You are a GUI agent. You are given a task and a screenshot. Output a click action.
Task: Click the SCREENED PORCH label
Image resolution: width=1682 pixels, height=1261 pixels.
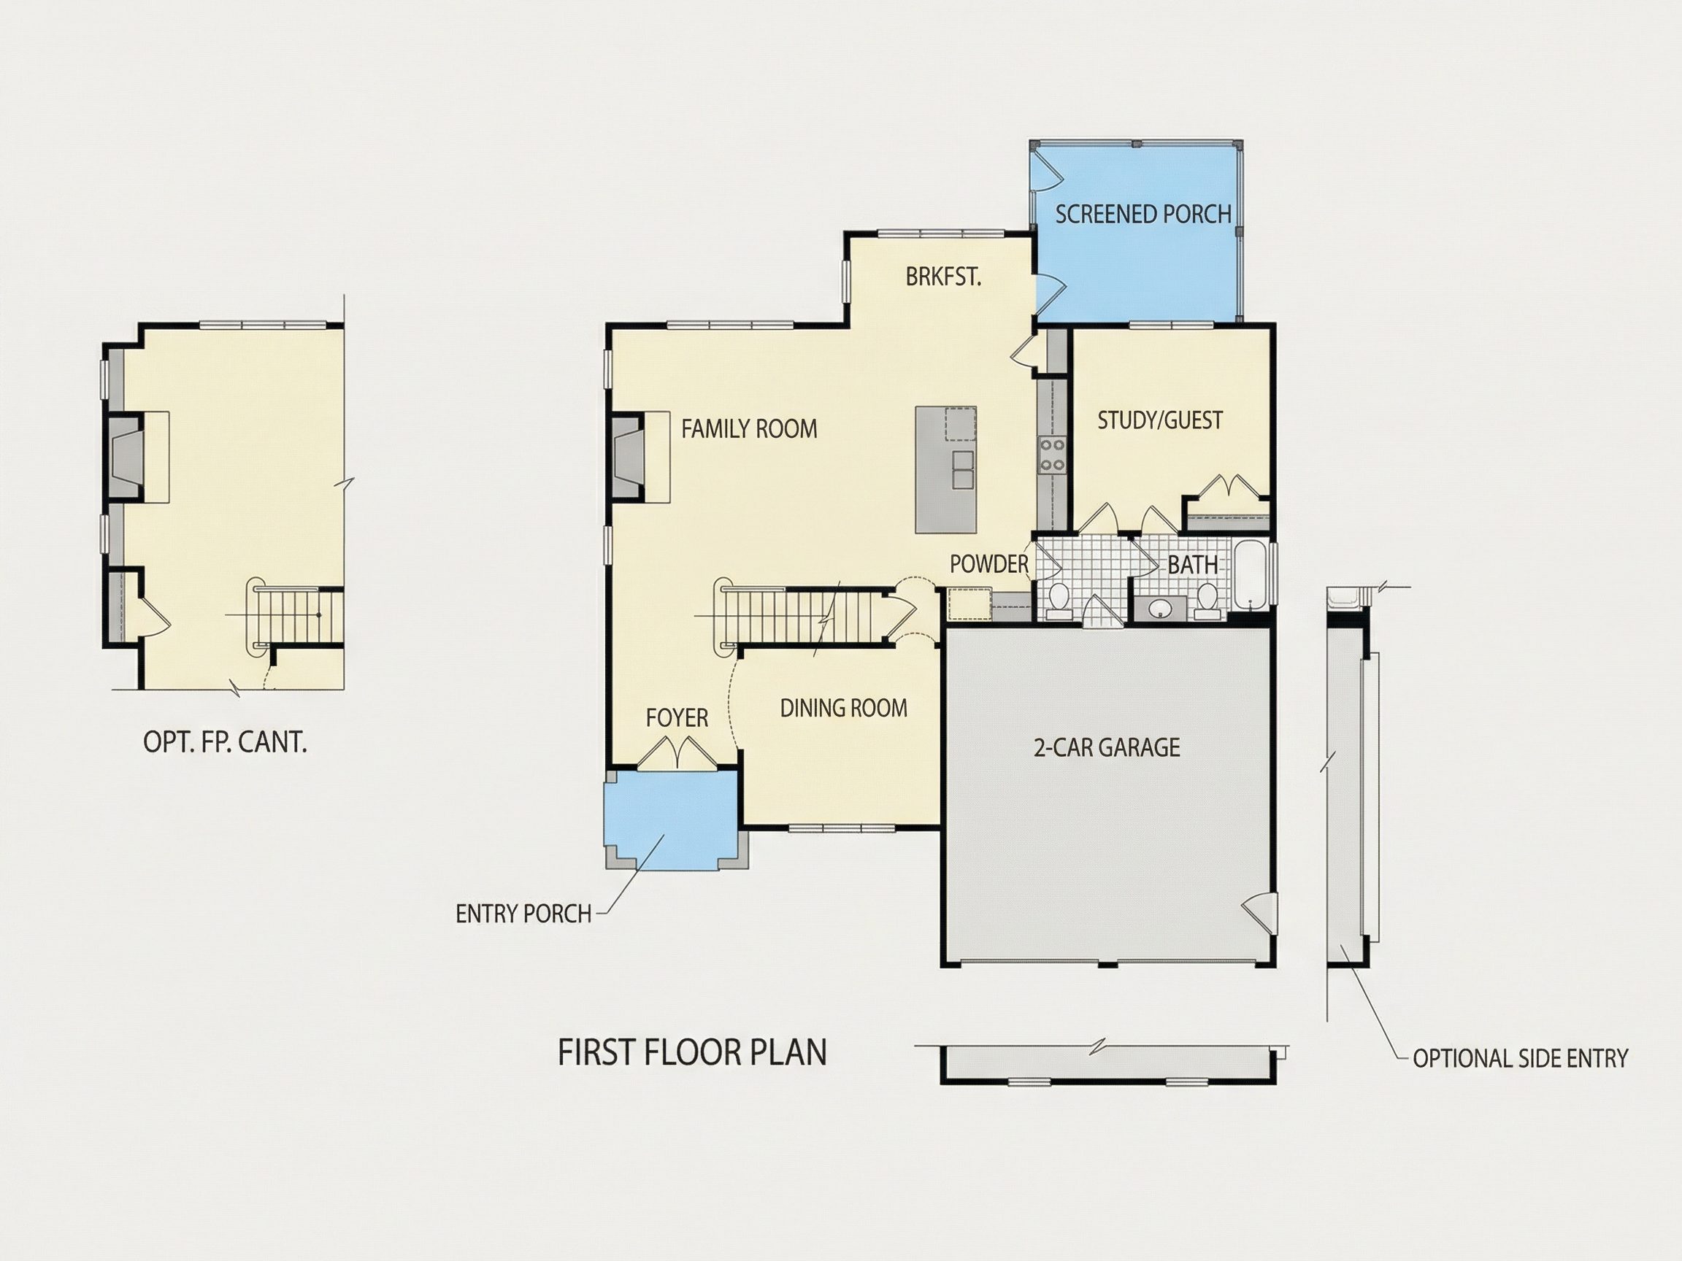(x=1143, y=215)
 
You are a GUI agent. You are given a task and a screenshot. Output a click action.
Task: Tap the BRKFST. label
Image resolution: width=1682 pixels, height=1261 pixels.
(x=943, y=277)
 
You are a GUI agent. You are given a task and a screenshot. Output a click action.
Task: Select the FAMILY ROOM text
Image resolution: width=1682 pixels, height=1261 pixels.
(x=749, y=429)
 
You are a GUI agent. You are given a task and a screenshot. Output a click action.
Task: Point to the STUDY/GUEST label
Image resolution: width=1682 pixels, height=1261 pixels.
(x=1159, y=420)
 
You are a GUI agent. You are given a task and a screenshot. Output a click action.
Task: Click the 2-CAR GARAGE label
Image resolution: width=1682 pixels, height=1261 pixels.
(x=1107, y=747)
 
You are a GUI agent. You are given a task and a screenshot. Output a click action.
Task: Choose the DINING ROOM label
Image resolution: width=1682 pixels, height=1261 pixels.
(x=843, y=709)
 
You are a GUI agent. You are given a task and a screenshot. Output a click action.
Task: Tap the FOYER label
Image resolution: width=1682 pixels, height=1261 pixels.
(x=677, y=717)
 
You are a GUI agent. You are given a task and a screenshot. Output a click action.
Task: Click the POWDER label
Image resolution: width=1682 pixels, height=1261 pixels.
(x=988, y=564)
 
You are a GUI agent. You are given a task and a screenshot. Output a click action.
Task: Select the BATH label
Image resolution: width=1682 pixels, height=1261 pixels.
(x=1192, y=565)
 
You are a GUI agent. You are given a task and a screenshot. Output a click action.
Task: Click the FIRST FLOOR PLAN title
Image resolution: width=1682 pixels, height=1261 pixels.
(x=692, y=1053)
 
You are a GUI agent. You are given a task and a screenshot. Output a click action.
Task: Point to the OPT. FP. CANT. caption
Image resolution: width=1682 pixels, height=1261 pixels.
(x=225, y=742)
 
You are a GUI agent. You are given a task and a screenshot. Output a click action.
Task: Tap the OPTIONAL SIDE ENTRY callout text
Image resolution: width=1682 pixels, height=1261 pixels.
(x=1520, y=1058)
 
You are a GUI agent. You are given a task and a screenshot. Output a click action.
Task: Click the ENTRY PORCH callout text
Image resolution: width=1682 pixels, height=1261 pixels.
(x=523, y=914)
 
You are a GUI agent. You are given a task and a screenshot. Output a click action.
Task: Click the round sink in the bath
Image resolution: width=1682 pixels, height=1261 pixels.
(x=1160, y=608)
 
